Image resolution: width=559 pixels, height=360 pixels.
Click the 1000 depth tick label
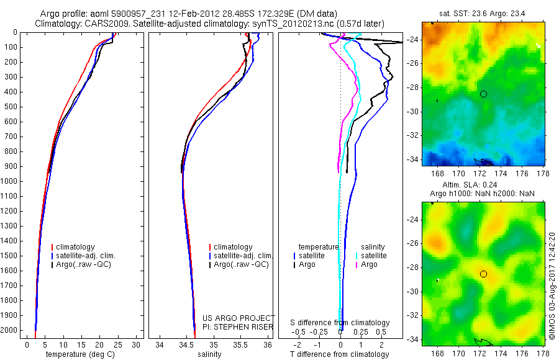11,181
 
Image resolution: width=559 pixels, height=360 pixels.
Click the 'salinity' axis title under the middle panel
209,354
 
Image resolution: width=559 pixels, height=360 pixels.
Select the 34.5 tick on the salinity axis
186,344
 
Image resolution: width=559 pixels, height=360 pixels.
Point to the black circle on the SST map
483,94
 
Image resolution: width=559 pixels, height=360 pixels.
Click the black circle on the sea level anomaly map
483,274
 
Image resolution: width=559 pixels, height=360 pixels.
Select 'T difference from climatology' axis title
340,354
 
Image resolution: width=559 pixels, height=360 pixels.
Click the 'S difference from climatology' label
340,323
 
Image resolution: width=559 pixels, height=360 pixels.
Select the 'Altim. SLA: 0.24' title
483,186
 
